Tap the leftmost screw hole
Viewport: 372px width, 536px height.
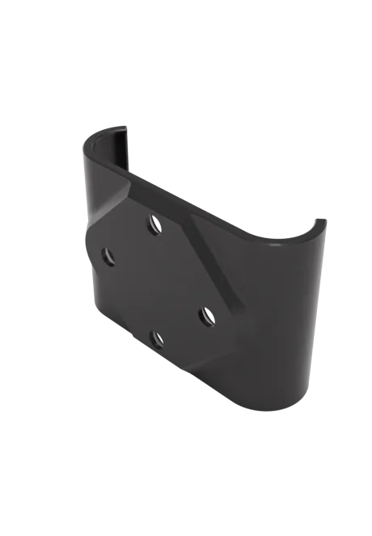[x=108, y=257]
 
